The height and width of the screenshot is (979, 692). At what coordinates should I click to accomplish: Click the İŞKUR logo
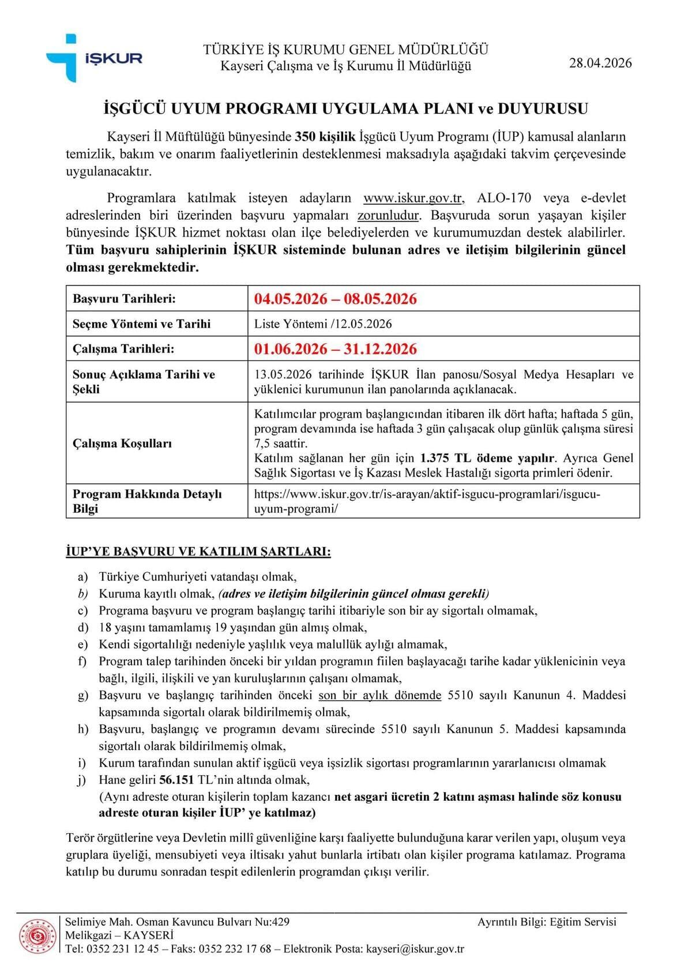[94, 58]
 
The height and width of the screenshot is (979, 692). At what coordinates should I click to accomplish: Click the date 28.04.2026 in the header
[600, 63]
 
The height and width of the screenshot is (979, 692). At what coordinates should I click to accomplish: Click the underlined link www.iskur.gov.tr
[413, 198]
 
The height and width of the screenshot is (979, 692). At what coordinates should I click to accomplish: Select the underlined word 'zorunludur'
[388, 216]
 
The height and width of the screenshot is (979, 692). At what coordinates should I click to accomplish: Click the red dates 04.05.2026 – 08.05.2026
[335, 299]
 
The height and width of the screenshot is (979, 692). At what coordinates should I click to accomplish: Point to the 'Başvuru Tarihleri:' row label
[124, 299]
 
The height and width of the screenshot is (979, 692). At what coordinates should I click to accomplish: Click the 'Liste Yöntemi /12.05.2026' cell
[323, 324]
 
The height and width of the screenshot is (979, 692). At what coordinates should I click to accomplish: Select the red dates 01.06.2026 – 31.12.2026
[335, 349]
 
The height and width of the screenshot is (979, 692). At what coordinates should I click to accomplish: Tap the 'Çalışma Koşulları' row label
[122, 443]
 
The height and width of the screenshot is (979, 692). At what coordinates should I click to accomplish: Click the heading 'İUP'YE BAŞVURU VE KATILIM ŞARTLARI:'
[198, 552]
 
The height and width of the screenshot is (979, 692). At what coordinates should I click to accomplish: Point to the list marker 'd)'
[83, 628]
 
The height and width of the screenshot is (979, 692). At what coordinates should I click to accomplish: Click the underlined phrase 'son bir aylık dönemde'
[379, 696]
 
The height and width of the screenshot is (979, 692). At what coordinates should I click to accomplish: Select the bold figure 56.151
[176, 780]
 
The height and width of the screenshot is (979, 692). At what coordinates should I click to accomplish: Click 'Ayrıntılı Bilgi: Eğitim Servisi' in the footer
[546, 922]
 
